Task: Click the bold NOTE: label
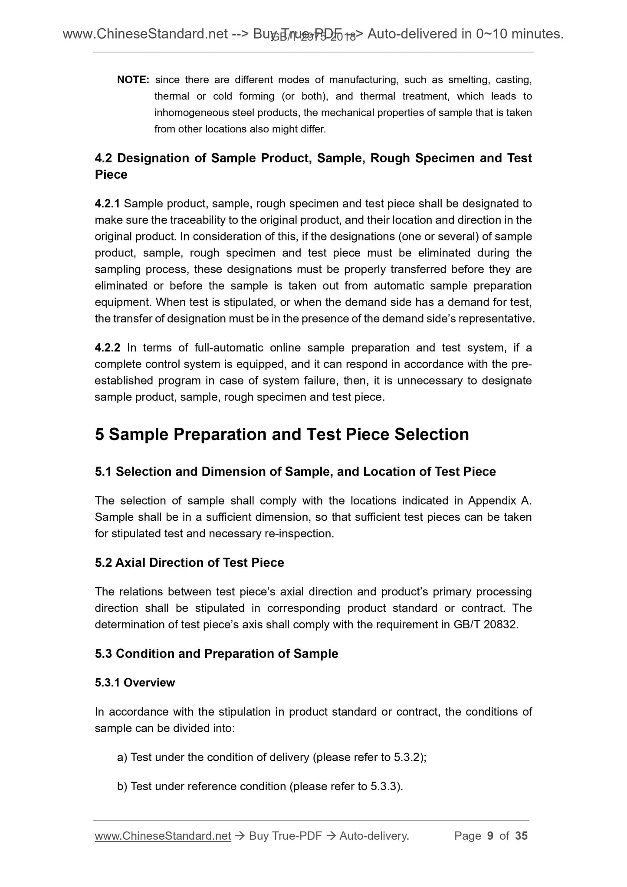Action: tap(133, 80)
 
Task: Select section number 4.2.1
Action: tap(107, 204)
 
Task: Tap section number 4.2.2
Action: tap(108, 348)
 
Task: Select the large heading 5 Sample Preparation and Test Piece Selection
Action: tap(282, 434)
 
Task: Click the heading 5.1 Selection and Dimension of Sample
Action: tap(295, 472)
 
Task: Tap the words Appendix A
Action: tap(499, 501)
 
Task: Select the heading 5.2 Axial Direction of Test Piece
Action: tap(189, 563)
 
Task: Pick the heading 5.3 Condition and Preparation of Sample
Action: tap(216, 654)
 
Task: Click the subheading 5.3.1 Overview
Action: tap(135, 683)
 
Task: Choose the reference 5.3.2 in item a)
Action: tap(406, 757)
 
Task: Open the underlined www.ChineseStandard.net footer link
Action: tap(163, 836)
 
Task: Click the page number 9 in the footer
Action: tap(490, 836)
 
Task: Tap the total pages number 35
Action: tap(521, 836)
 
